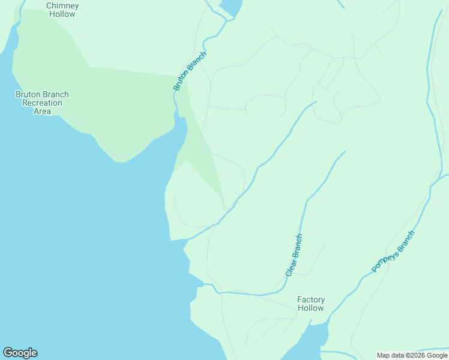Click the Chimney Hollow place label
click(62, 10)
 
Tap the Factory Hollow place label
click(311, 304)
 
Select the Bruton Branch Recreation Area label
click(42, 103)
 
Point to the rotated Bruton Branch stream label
click(190, 71)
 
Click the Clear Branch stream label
click(294, 255)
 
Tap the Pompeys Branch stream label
click(393, 251)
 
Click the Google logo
click(20, 353)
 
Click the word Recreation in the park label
click(42, 103)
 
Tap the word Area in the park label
click(42, 111)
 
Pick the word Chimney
click(62, 5)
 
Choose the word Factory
click(311, 299)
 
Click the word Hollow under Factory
click(311, 308)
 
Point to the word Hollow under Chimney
click(62, 14)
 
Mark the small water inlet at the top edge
click(231, 6)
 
